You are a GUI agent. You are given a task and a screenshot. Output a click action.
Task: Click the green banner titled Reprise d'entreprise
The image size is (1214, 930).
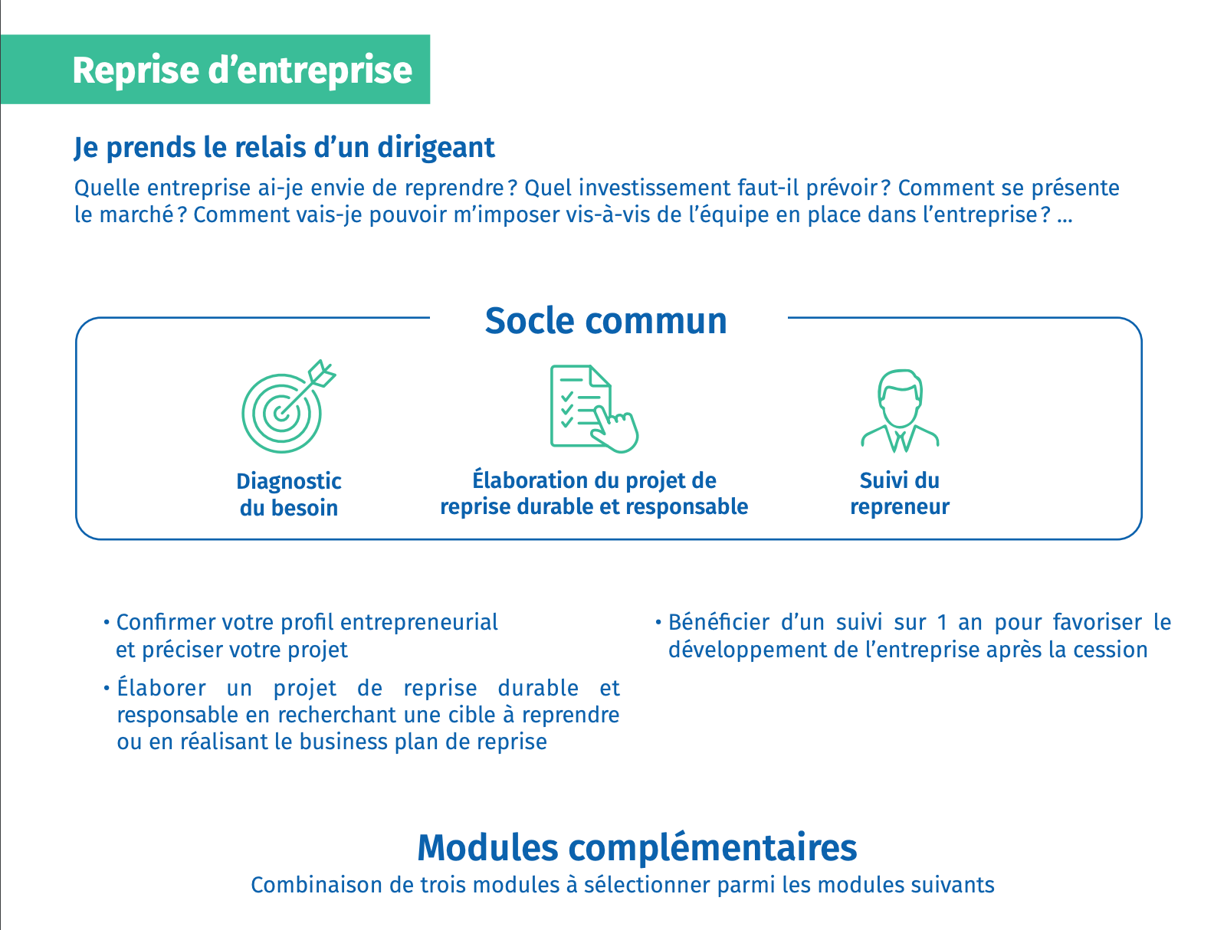coord(215,69)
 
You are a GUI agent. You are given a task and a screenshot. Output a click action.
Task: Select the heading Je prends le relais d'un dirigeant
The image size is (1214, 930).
coord(284,148)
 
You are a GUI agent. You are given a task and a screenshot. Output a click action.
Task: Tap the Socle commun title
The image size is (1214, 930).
coord(606,321)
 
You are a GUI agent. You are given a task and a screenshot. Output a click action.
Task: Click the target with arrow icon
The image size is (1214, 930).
coord(288,406)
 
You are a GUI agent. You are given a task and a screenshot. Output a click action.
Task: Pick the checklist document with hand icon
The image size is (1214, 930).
coord(594,408)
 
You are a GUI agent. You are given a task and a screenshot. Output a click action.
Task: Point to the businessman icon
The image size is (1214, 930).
coord(900,411)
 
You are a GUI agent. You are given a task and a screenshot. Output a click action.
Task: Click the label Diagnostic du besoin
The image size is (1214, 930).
coord(289,495)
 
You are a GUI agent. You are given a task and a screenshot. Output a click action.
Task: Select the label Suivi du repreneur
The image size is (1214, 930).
coord(900,493)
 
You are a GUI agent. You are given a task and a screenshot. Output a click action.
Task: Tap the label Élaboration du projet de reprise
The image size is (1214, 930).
coord(594,493)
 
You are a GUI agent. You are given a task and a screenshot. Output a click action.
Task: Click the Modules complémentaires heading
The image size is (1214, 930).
coord(637,847)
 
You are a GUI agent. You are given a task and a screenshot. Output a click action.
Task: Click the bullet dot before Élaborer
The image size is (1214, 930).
coord(106,688)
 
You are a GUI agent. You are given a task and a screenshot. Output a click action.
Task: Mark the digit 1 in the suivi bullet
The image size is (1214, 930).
coord(942,622)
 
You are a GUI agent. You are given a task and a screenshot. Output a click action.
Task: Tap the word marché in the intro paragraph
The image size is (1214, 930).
coord(136,215)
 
